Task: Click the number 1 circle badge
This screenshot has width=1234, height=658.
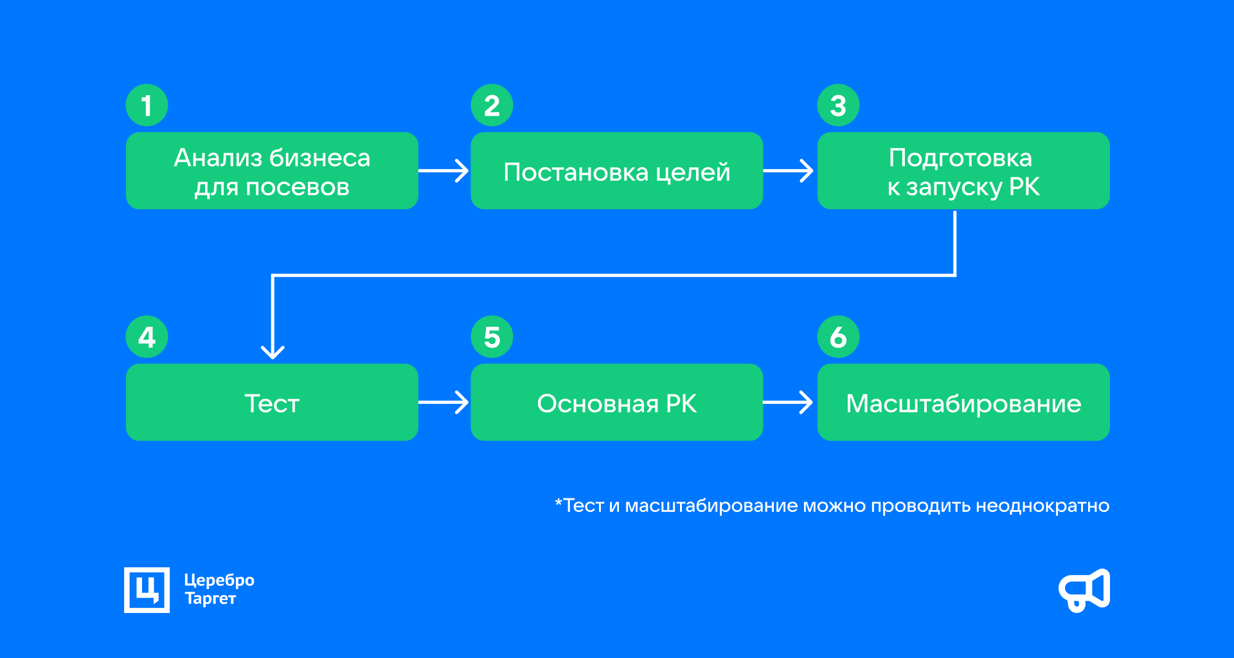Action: [147, 105]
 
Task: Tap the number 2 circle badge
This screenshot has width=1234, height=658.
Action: [492, 105]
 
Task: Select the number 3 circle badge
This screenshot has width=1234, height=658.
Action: [838, 105]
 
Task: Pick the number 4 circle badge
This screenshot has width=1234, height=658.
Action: [147, 337]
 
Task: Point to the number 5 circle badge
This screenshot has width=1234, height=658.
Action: [492, 337]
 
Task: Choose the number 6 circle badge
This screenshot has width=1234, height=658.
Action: [838, 337]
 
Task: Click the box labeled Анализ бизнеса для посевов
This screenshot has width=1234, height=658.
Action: [272, 171]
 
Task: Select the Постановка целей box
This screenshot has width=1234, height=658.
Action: [616, 171]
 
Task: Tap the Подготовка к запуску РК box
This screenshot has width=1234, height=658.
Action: [963, 171]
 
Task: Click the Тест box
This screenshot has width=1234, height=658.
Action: [272, 403]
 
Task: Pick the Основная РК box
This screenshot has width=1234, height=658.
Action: [616, 403]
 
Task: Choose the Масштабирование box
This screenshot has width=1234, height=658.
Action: [963, 403]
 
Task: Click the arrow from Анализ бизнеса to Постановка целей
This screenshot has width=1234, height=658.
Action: [444, 171]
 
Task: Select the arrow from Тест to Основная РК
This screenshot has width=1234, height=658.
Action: [444, 403]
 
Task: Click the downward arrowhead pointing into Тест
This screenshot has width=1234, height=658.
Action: [273, 351]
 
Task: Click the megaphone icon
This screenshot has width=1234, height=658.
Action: [1084, 590]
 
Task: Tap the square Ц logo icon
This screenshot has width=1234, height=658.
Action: [147, 590]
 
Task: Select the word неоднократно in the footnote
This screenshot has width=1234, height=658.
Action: [1042, 506]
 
